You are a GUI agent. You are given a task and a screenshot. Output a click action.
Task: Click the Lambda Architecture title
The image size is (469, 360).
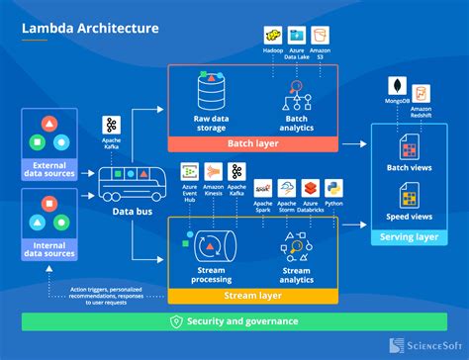(x=90, y=28)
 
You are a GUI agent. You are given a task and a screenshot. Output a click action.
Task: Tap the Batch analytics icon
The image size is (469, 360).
(x=296, y=97)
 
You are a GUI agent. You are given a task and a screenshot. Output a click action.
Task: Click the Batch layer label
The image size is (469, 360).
(x=253, y=142)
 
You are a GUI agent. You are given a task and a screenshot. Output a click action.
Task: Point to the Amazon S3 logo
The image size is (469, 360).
(x=320, y=37)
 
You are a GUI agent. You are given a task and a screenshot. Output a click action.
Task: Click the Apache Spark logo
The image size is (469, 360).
(x=263, y=187)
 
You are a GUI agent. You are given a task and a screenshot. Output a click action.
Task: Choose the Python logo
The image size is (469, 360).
(x=334, y=186)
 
